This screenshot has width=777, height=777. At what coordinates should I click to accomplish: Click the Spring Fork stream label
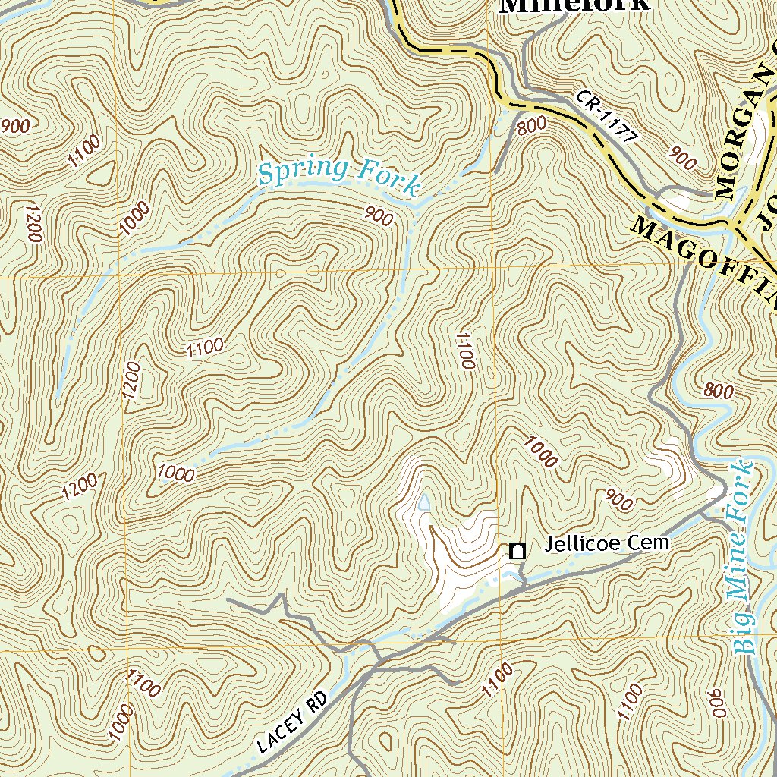(338, 176)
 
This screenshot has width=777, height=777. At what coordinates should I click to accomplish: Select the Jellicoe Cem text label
(607, 543)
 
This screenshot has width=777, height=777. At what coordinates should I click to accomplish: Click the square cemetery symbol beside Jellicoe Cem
(517, 552)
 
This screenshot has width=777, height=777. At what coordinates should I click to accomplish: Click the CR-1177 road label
(607, 117)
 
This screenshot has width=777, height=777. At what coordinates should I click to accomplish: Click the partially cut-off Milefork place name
(574, 6)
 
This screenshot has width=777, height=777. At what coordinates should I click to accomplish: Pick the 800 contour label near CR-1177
(532, 127)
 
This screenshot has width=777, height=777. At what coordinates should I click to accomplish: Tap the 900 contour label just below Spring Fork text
(379, 217)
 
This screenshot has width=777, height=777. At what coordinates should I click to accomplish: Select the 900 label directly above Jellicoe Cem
(619, 499)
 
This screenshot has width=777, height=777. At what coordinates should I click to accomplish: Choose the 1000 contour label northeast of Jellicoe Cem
(540, 451)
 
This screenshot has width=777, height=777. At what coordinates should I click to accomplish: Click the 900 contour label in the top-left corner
(16, 126)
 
